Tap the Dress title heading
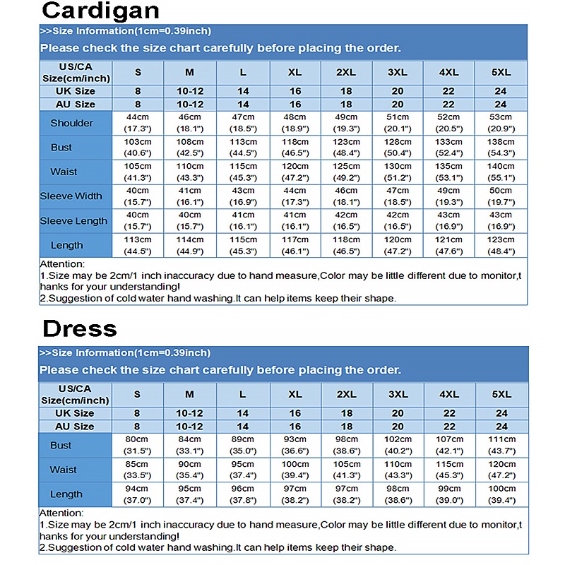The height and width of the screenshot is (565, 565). tap(79, 328)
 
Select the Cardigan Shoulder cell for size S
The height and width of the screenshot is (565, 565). tap(138, 123)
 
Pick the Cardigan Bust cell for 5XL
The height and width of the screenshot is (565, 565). tap(501, 147)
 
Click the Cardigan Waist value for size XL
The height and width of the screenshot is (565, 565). tap(295, 172)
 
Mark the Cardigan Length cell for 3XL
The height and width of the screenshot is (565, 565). tap(398, 245)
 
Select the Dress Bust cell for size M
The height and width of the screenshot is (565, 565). tap(190, 445)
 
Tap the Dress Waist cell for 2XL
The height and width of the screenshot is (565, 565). tap(346, 470)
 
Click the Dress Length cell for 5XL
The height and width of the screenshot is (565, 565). tap(501, 494)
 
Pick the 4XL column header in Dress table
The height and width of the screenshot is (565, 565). tap(449, 394)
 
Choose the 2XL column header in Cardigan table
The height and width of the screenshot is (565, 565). tap(346, 72)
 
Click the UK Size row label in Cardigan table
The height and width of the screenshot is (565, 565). tap(75, 91)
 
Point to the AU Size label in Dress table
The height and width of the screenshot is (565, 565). tap(74, 427)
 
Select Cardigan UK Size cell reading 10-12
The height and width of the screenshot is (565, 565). tap(190, 91)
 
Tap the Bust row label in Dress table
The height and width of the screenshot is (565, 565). tap(61, 446)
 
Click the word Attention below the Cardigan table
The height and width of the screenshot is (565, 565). tap(61, 263)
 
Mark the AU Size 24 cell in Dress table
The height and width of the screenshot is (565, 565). tap(501, 427)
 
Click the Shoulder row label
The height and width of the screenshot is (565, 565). tap(71, 123)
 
